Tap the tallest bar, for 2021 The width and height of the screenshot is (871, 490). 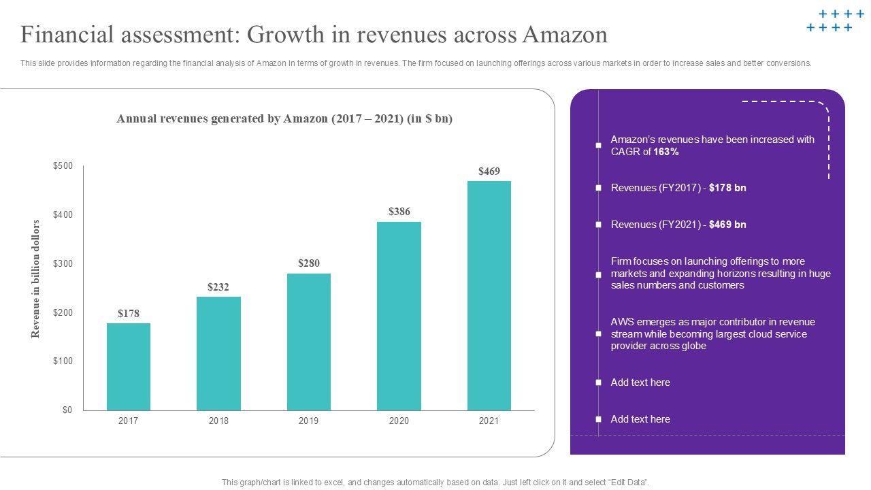[x=489, y=295]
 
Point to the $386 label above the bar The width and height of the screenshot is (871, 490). [x=399, y=212]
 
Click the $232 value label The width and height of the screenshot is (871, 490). [x=218, y=287]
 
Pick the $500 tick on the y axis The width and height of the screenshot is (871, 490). [x=63, y=166]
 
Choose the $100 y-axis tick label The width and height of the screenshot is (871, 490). [x=63, y=361]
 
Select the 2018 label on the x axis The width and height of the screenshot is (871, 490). [x=218, y=421]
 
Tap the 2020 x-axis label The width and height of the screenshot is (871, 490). [x=399, y=421]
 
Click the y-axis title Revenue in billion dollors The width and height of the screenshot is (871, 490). [x=36, y=279]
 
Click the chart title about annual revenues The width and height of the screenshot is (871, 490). [x=284, y=119]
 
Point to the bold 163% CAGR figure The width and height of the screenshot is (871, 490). [x=666, y=152]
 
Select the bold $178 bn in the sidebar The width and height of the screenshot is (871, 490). [x=727, y=188]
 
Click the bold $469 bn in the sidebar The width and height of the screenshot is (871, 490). [x=727, y=225]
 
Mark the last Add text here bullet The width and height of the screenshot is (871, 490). [x=640, y=419]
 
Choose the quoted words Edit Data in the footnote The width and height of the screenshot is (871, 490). [x=627, y=483]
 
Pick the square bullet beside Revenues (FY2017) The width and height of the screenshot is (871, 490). [x=599, y=188]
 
